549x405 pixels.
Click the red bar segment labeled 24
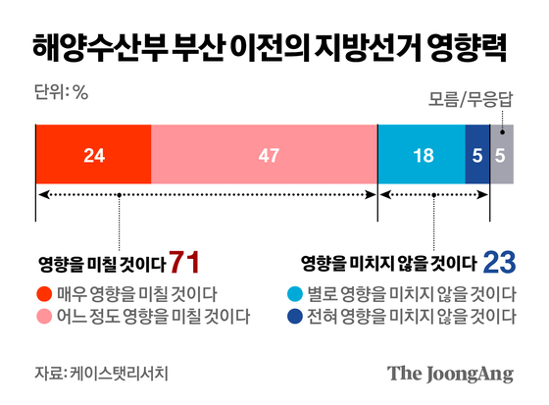click(93, 155)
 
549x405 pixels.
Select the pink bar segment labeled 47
click(264, 155)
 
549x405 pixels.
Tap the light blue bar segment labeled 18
click(422, 155)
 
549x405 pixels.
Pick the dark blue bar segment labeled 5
click(476, 155)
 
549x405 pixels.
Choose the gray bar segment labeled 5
click(501, 155)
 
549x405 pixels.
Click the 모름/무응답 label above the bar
click(472, 99)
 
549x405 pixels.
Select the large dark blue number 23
click(500, 262)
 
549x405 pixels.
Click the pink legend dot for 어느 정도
click(44, 316)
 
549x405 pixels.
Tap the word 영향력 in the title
click(472, 45)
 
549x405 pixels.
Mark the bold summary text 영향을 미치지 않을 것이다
click(388, 264)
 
